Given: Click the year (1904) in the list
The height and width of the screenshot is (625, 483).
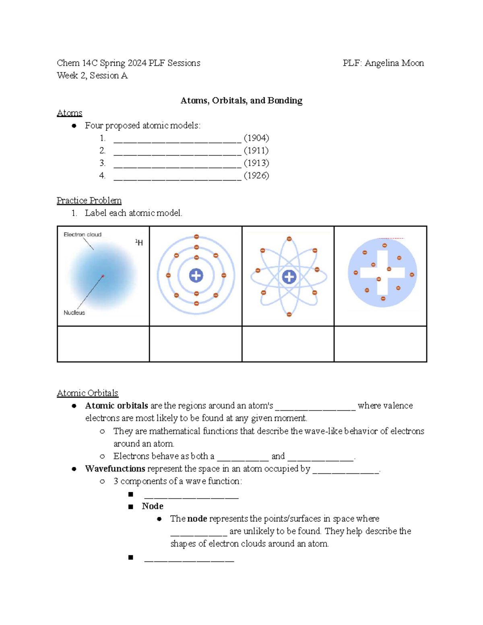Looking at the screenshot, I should (256, 138).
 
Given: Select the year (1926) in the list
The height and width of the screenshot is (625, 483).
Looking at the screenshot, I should (256, 175).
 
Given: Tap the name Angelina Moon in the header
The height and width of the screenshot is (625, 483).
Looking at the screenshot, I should (394, 63).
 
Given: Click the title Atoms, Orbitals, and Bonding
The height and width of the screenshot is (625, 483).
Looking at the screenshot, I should (241, 101).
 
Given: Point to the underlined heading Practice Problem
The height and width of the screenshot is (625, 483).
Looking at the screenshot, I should (89, 200).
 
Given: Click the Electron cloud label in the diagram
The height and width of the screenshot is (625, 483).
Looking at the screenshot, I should (83, 235).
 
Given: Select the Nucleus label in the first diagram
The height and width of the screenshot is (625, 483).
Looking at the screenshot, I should (74, 313).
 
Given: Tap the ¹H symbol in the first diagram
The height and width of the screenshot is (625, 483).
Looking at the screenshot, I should (139, 242).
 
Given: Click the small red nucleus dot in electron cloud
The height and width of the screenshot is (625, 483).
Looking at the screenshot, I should (103, 276).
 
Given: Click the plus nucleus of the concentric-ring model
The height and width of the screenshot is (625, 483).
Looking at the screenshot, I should (196, 276).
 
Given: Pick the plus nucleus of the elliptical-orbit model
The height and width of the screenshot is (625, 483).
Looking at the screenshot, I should (289, 277).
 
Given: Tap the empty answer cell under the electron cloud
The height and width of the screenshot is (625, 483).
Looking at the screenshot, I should (103, 344).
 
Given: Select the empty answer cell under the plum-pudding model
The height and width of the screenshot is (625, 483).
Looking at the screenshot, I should (380, 344).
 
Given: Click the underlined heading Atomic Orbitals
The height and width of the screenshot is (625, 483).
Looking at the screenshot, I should (87, 393).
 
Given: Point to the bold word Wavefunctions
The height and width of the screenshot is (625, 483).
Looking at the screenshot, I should (115, 469).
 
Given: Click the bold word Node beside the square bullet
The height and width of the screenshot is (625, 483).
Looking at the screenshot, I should (153, 506).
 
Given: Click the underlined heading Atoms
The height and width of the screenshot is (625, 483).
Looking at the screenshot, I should (70, 113).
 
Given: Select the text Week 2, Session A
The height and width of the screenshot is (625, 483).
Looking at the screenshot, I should (92, 76).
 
